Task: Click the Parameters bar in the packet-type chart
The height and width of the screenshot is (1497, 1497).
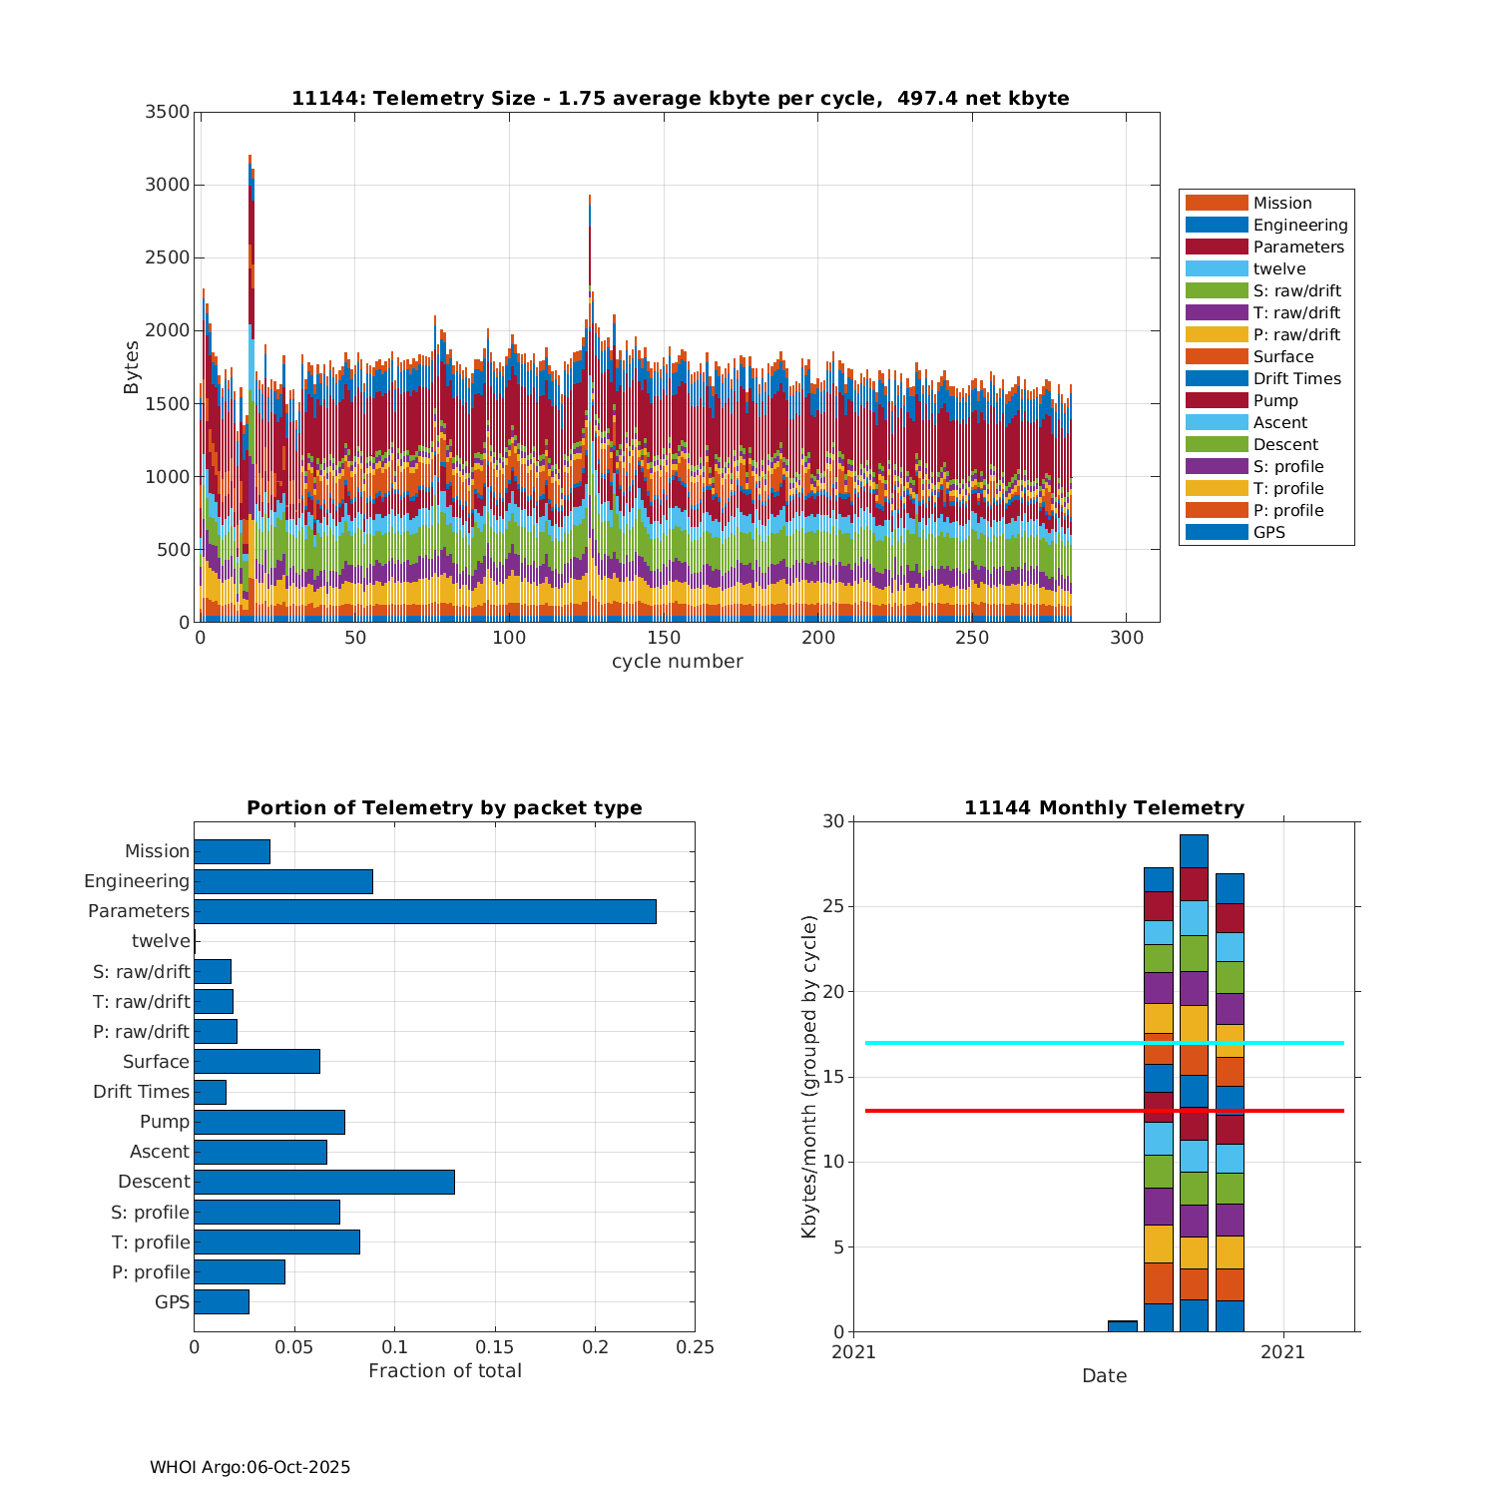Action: click(x=425, y=911)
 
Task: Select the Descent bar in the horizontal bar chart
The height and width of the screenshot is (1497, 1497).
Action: click(x=324, y=1182)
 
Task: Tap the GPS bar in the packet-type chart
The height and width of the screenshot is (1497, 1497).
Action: click(x=222, y=1301)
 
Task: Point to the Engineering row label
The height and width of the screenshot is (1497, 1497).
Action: click(x=137, y=881)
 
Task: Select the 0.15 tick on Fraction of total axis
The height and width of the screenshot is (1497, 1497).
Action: click(x=495, y=1347)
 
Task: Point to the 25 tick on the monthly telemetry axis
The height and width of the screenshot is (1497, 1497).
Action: click(x=833, y=907)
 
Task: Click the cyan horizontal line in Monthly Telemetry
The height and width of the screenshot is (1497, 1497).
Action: click(x=998, y=1043)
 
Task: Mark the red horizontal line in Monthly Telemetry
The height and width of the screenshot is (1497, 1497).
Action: click(x=998, y=1111)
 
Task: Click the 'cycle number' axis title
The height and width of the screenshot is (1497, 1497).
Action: click(x=677, y=662)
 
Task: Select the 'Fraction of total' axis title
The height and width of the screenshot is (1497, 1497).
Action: click(x=444, y=1371)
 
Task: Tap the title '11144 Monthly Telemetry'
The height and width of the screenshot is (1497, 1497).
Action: click(x=1104, y=808)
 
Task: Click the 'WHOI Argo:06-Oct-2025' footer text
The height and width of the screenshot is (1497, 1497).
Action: click(x=249, y=1467)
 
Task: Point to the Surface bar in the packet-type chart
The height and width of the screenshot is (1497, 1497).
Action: click(x=256, y=1062)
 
